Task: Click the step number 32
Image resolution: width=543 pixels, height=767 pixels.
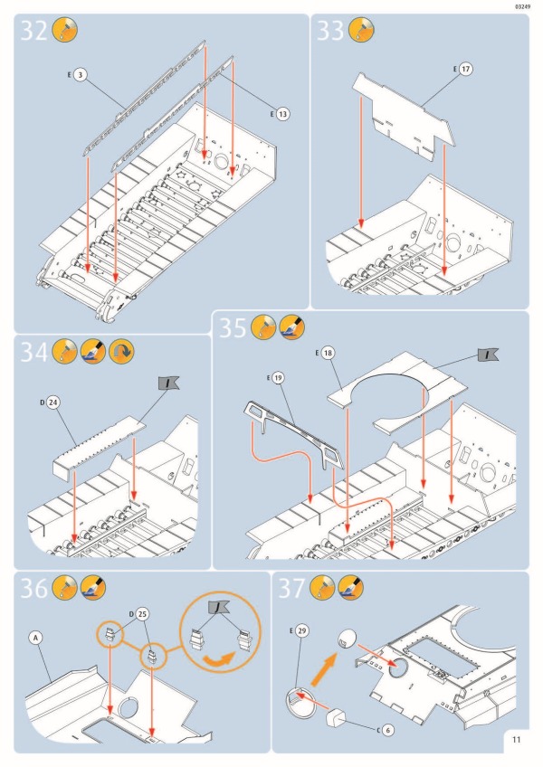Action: pyautogui.click(x=34, y=31)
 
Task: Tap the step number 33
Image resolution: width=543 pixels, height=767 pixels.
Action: pyautogui.click(x=330, y=31)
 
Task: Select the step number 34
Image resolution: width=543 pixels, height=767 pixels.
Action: pyautogui.click(x=34, y=352)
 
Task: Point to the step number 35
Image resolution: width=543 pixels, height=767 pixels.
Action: pyautogui.click(x=233, y=327)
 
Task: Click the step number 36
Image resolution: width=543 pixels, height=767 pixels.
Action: pyautogui.click(x=34, y=589)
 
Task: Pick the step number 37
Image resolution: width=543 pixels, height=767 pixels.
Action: pyautogui.click(x=292, y=589)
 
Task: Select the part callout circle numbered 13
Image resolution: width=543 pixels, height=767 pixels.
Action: pyautogui.click(x=282, y=114)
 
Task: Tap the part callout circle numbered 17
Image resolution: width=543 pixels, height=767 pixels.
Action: pyautogui.click(x=467, y=69)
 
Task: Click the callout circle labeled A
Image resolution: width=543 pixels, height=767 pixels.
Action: pyautogui.click(x=36, y=638)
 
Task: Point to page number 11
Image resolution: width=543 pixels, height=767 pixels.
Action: pyautogui.click(x=515, y=739)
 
